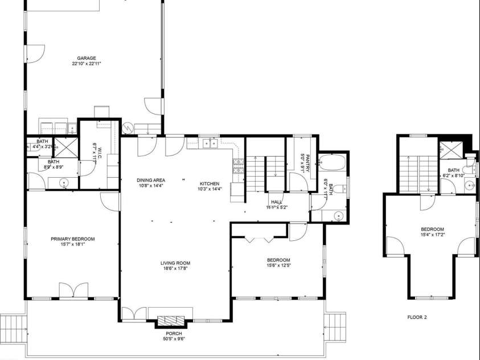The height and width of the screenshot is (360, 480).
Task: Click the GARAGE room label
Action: pos(87,58)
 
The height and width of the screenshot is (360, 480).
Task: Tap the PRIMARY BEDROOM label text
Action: pos(72,239)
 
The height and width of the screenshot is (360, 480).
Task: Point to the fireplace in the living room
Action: pos(170,321)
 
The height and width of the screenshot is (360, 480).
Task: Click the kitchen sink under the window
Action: pos(210,143)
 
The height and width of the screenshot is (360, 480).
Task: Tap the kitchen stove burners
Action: pos(237,166)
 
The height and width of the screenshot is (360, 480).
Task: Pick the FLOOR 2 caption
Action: pos(417,317)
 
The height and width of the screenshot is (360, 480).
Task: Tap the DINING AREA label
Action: pos(151,180)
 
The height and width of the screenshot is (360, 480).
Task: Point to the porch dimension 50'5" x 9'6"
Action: pos(174,339)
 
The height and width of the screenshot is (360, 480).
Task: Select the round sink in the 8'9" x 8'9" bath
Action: pos(64,183)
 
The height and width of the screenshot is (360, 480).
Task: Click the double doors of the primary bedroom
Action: pos(73,289)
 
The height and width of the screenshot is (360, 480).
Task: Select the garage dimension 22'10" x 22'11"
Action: pos(87,64)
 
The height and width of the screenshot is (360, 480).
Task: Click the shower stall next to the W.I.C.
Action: pos(66,146)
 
